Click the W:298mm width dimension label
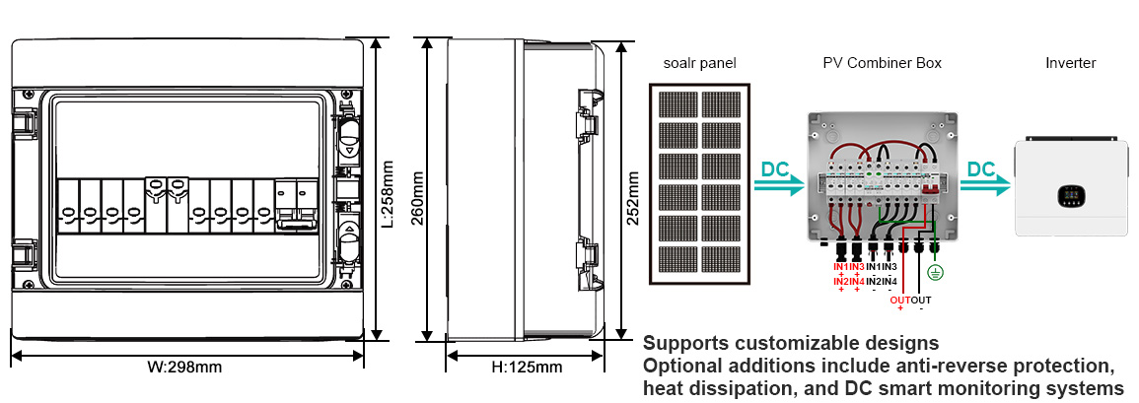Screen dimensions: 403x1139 pos(184,368)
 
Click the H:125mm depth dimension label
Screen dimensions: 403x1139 pos(526,368)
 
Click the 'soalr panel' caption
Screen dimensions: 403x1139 pos(699,63)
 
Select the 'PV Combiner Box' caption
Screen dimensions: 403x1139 pos(882,63)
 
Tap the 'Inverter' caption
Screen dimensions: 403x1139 pos(1070,63)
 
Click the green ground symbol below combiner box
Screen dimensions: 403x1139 pos(937,272)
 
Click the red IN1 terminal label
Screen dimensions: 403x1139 pos(841,267)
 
